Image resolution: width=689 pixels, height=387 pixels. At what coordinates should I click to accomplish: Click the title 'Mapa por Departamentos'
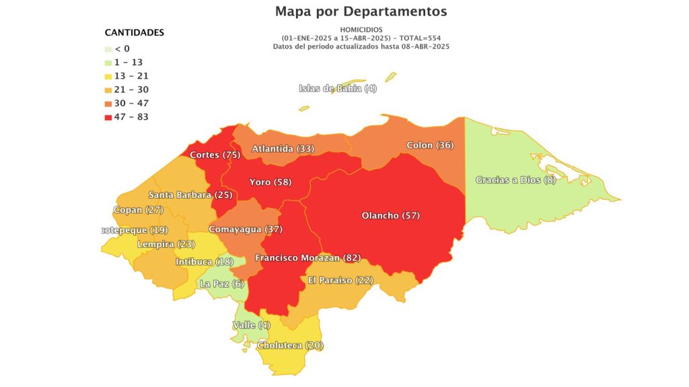coord(361,11)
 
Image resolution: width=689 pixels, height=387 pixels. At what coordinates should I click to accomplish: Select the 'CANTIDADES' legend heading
coord(135,32)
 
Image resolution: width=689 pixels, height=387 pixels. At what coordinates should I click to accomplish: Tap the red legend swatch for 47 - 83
coord(108,117)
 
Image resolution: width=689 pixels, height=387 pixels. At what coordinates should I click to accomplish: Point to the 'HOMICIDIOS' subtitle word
coord(361,30)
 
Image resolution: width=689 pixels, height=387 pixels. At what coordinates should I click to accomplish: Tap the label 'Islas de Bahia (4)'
coord(338,89)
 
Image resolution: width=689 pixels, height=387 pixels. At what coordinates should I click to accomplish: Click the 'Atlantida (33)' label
coord(283,148)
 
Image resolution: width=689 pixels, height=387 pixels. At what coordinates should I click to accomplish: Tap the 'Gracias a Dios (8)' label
coord(515,180)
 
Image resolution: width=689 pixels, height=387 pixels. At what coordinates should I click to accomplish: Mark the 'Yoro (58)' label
coord(270,182)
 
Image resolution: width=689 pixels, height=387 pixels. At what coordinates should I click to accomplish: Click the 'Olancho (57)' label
coord(390,216)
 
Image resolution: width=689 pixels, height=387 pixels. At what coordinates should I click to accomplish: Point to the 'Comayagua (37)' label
coord(245,229)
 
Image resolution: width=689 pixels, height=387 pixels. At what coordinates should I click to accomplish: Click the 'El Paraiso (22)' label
coord(340,280)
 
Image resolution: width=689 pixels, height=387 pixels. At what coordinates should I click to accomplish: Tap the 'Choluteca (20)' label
coord(290,345)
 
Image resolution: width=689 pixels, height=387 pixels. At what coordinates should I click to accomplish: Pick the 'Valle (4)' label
coord(252,325)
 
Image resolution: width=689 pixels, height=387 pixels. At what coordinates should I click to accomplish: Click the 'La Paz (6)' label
coord(222,284)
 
